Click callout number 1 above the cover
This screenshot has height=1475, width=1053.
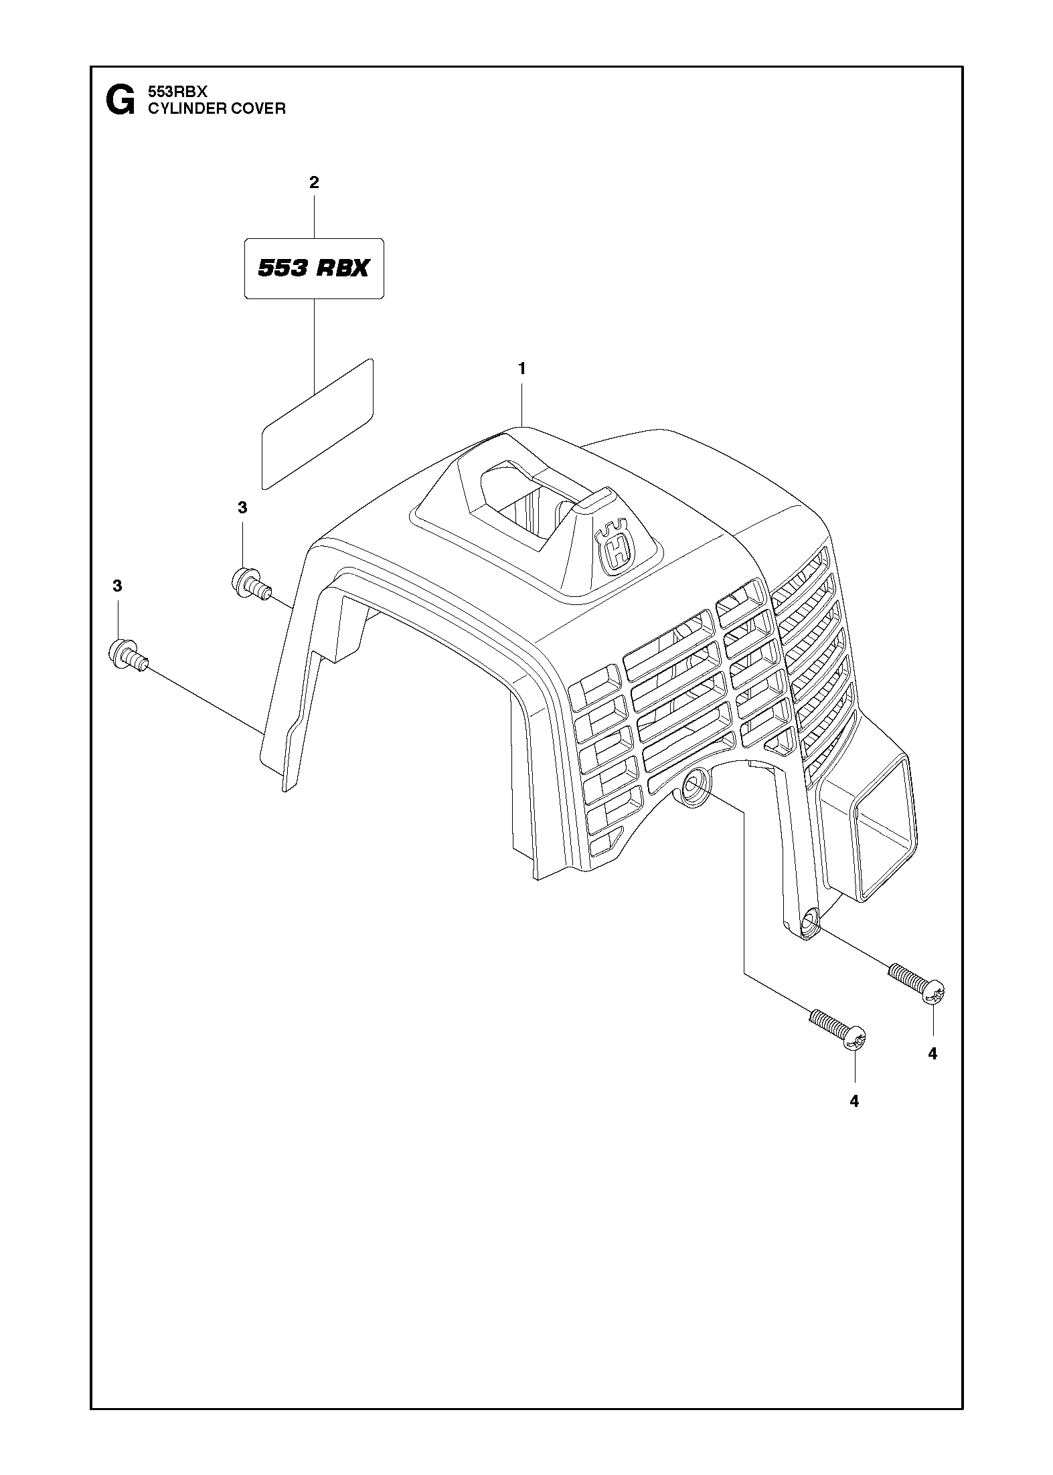[521, 368]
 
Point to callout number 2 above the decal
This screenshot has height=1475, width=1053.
[314, 183]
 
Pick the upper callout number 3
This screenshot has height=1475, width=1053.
[242, 508]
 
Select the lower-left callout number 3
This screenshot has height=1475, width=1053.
[118, 586]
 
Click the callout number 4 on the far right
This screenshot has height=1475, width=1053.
[933, 1054]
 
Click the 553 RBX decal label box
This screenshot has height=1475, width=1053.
[314, 268]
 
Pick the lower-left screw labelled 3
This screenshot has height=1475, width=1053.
[127, 653]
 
